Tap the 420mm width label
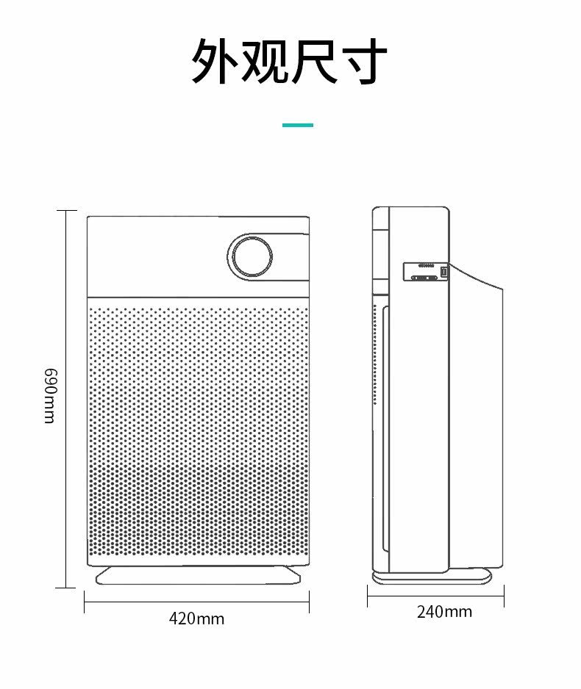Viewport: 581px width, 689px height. [x=196, y=618]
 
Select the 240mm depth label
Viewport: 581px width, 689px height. [x=444, y=611]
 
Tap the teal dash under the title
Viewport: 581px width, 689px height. [x=298, y=125]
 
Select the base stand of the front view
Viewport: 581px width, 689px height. [x=199, y=575]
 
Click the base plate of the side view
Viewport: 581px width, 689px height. [x=432, y=577]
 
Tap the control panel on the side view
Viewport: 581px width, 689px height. [x=426, y=273]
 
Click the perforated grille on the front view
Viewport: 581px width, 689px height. [x=197, y=433]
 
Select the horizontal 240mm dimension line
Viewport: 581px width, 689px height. [x=435, y=596]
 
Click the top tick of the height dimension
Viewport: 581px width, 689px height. [x=66, y=211]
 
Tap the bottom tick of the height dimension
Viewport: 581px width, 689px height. [x=66, y=588]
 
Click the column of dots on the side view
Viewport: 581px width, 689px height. [x=374, y=353]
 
